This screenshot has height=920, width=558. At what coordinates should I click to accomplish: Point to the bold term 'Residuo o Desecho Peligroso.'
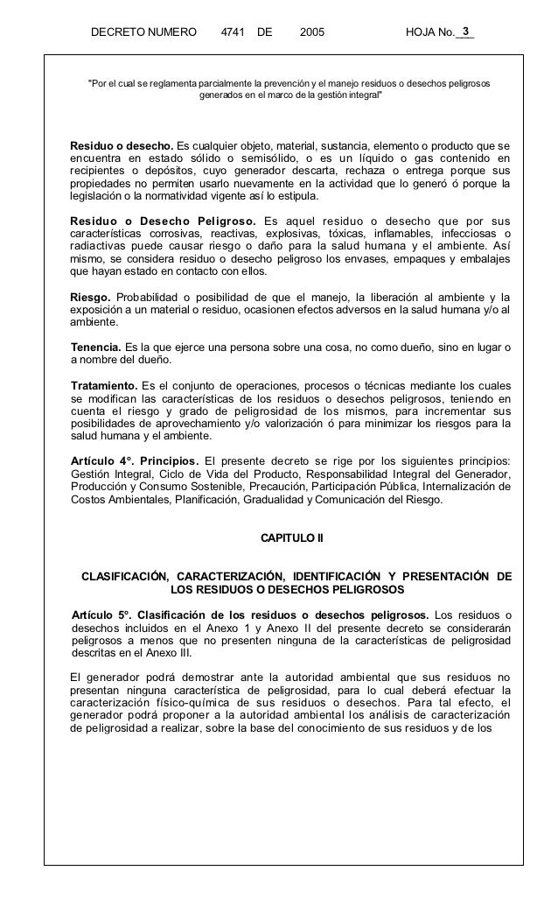pos(164,219)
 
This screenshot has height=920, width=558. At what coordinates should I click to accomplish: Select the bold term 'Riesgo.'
pos(91,296)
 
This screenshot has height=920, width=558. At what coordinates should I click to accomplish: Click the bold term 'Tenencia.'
pos(97,346)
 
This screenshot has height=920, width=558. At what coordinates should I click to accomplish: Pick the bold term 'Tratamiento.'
pos(104,384)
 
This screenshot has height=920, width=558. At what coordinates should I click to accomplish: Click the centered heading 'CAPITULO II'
pos(292,536)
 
